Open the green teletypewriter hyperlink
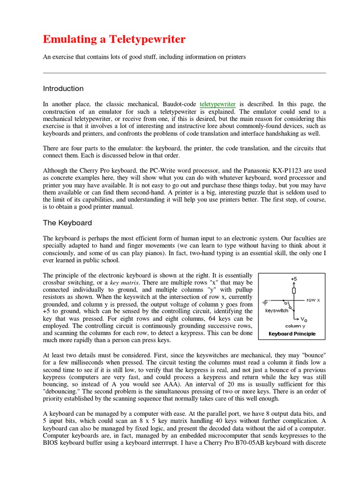click(217, 104)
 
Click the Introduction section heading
click(63, 89)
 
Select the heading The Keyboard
click(67, 223)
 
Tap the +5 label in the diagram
click(294, 278)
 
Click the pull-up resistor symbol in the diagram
click(294, 290)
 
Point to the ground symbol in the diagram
click(266, 300)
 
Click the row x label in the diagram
click(313, 300)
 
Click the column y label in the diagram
click(295, 326)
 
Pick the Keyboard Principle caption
click(292, 334)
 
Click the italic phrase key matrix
click(123, 284)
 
